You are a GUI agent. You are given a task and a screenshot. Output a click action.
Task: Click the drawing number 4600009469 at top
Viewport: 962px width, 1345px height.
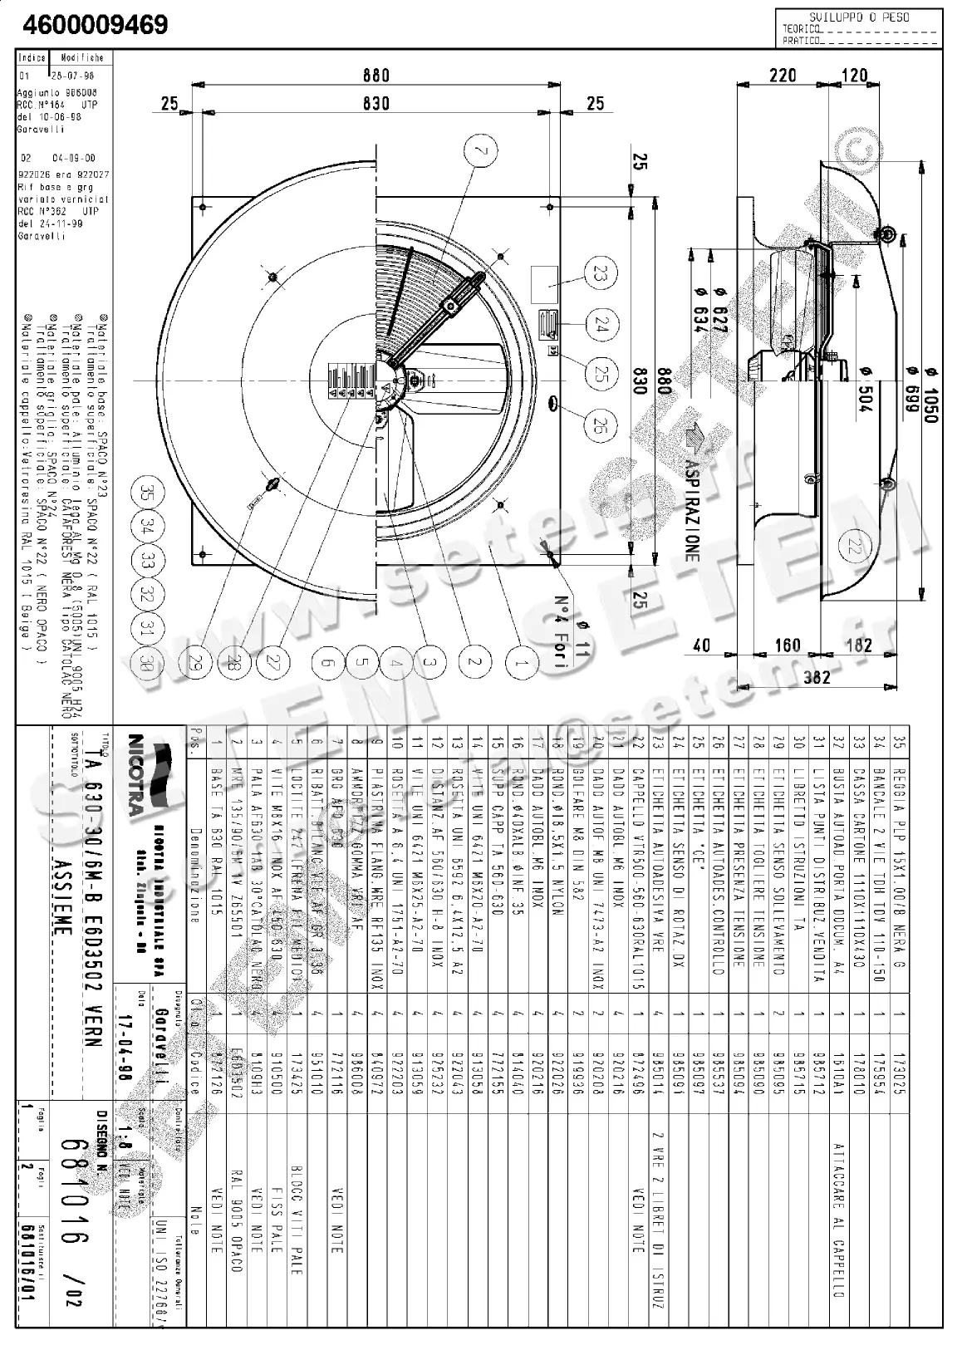pos(96,25)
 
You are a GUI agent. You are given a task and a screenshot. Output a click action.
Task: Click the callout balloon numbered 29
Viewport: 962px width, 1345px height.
pos(196,662)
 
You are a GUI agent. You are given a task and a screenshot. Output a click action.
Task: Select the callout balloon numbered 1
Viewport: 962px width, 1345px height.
pos(522,662)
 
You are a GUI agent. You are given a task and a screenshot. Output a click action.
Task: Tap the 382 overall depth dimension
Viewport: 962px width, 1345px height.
pos(817,676)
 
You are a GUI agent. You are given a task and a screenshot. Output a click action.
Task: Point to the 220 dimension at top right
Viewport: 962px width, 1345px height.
pos(783,76)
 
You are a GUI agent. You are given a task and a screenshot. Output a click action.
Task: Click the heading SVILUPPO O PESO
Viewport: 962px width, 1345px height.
pos(859,16)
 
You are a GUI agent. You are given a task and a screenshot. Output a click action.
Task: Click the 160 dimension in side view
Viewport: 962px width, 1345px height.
pos(787,645)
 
